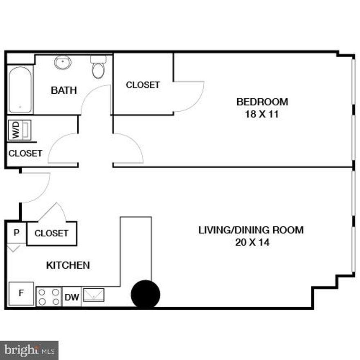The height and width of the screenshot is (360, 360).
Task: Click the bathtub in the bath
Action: click(20, 90)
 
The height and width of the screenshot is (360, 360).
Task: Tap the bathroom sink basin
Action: click(63, 63)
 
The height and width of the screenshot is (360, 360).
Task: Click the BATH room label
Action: click(64, 90)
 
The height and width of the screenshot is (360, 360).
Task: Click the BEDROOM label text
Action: click(262, 101)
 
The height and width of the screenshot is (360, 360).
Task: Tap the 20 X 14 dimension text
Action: click(252, 242)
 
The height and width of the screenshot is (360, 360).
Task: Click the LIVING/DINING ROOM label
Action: click(251, 229)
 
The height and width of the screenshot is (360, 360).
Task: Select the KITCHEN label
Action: click(68, 265)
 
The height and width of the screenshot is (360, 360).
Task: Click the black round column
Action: click(145, 294)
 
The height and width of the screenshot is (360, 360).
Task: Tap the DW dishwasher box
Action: click(72, 297)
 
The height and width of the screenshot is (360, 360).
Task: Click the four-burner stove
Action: click(49, 297)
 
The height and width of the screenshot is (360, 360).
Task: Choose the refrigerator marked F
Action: click(21, 293)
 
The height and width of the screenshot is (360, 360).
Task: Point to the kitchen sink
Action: click(94, 295)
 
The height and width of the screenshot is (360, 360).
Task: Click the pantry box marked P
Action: click(17, 233)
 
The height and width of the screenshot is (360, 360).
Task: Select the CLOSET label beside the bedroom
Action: click(143, 85)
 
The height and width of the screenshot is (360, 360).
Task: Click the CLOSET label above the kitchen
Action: click(51, 233)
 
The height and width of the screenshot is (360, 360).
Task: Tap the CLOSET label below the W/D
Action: click(25, 153)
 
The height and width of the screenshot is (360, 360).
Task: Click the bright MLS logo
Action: click(29, 350)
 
